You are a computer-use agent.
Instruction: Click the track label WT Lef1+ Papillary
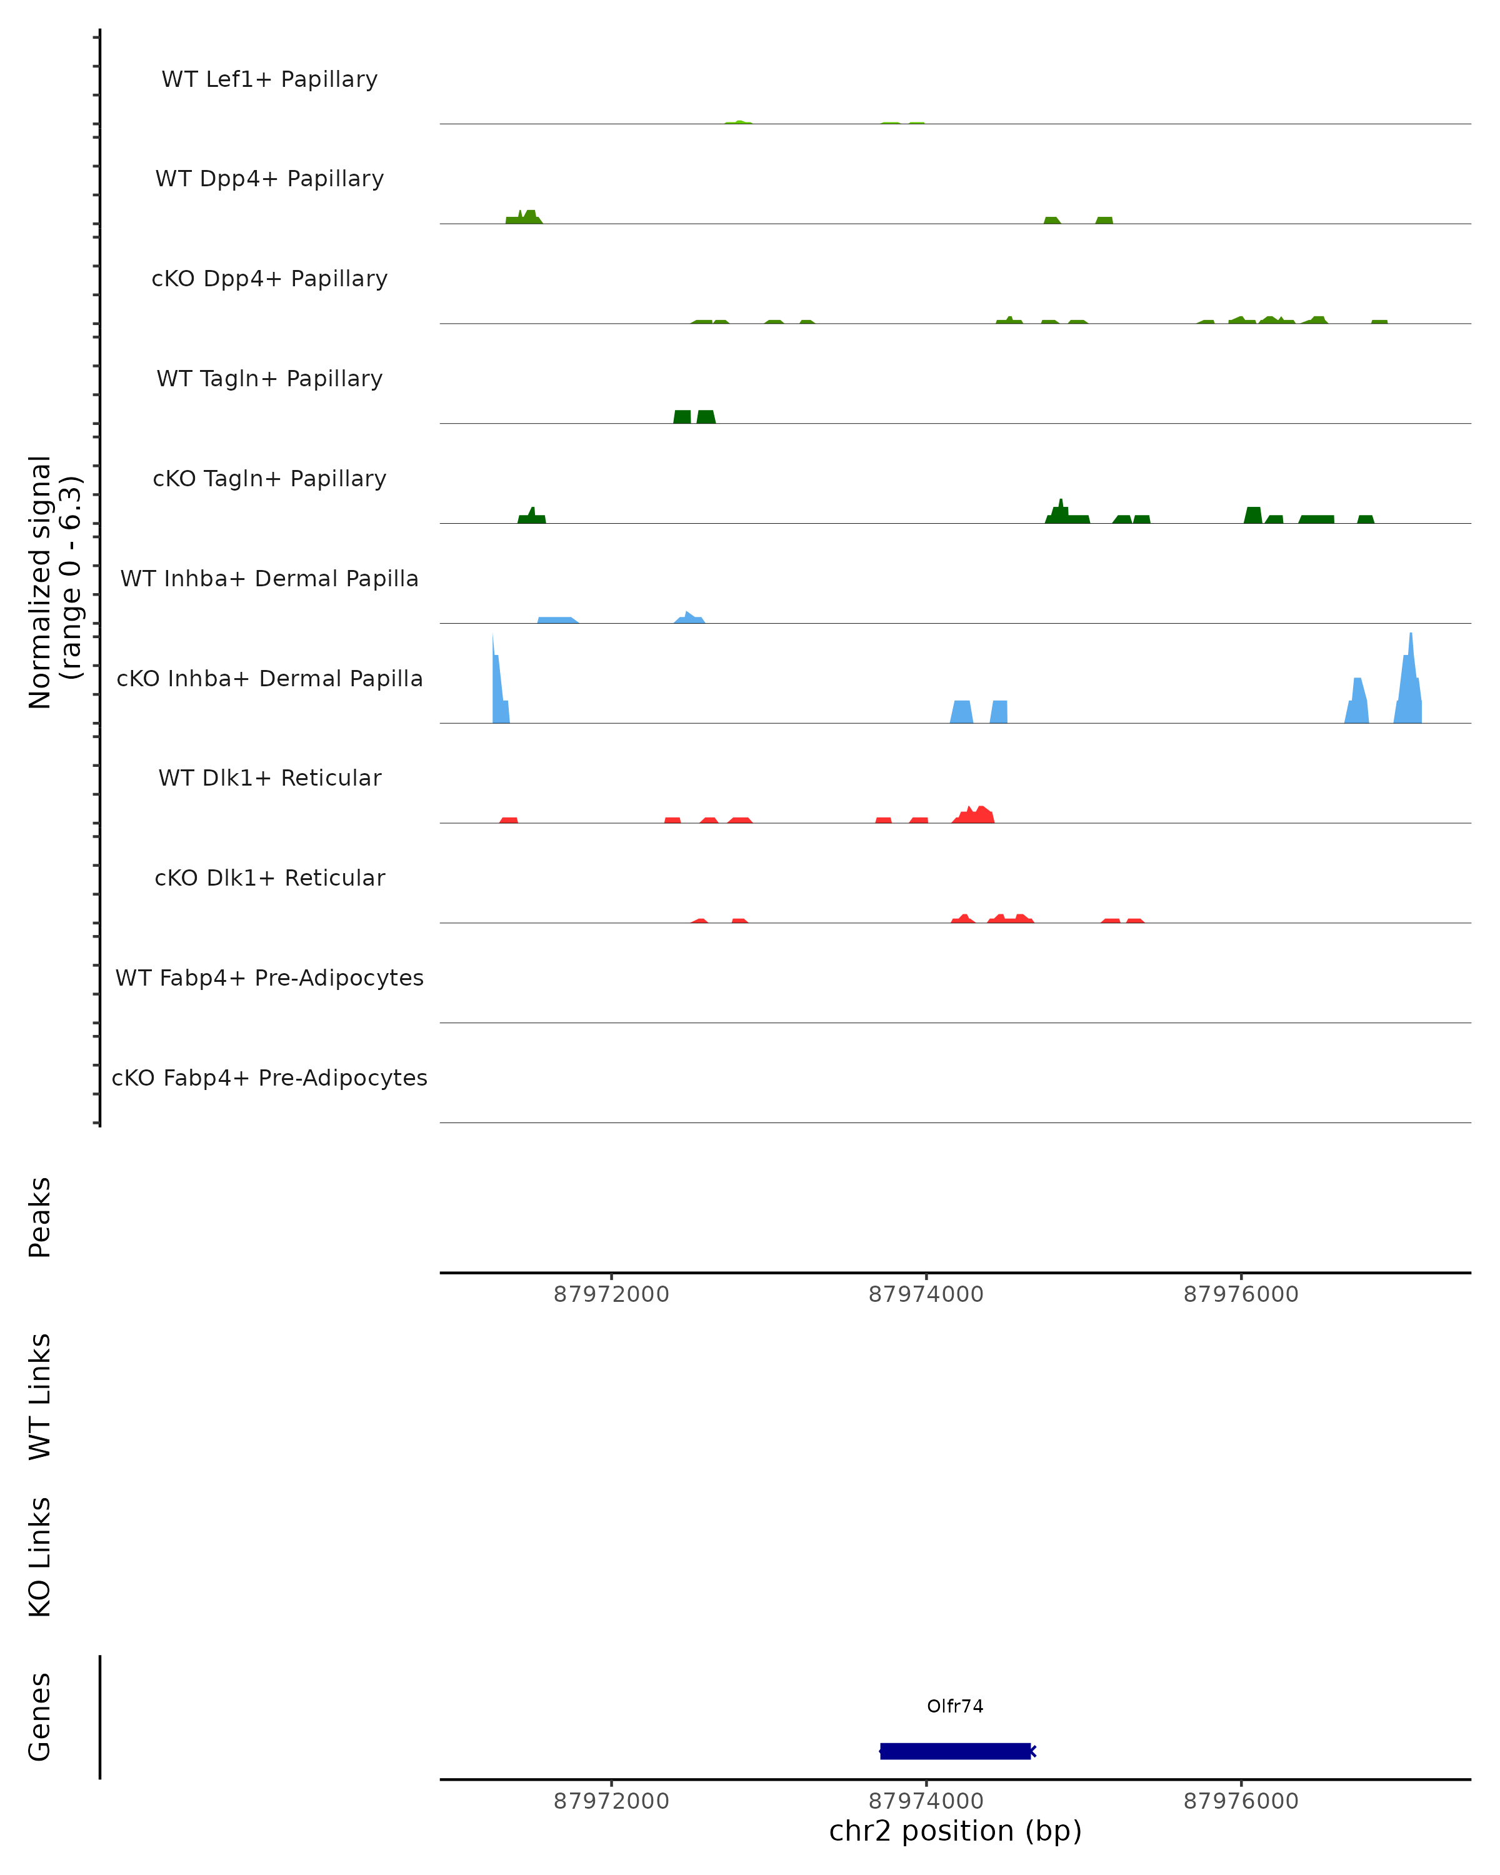[x=269, y=79]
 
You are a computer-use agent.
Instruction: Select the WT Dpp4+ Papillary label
[x=269, y=179]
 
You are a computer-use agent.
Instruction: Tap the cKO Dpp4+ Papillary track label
[x=269, y=279]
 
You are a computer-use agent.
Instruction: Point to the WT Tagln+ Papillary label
[x=269, y=379]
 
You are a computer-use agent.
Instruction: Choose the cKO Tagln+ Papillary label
[x=269, y=479]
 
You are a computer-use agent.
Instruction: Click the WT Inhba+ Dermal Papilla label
[x=269, y=579]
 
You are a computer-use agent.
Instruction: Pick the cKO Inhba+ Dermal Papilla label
[x=269, y=679]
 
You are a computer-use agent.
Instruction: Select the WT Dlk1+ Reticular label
[x=269, y=778]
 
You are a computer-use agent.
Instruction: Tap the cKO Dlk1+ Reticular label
[x=269, y=878]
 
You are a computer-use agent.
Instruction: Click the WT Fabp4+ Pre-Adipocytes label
[x=269, y=978]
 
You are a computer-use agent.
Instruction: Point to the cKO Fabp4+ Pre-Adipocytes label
[x=269, y=1078]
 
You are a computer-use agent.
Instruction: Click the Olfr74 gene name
[x=955, y=1706]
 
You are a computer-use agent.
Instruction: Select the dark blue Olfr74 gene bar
[x=955, y=1751]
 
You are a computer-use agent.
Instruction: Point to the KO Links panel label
[x=40, y=1557]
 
